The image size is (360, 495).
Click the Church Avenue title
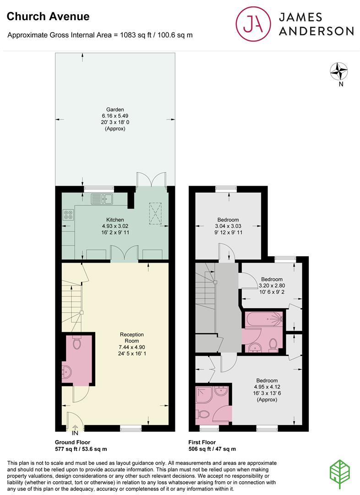tap(48, 16)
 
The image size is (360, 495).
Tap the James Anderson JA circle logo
tap(253, 24)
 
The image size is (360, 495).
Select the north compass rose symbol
tap(339, 71)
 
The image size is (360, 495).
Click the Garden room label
tap(115, 110)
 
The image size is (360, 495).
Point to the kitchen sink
tap(102, 199)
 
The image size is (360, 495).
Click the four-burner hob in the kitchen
tap(68, 214)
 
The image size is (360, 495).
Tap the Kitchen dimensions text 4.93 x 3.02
tap(115, 226)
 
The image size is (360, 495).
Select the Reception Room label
tap(131, 337)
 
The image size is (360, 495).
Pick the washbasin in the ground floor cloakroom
tap(66, 372)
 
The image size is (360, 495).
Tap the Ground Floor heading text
tap(72, 442)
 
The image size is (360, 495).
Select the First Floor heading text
tap(202, 442)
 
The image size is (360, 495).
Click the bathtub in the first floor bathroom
tap(264, 319)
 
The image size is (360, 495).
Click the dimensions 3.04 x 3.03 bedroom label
tap(228, 226)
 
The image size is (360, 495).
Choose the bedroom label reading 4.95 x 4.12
tap(267, 387)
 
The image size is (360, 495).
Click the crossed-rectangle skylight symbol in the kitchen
tap(155, 213)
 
